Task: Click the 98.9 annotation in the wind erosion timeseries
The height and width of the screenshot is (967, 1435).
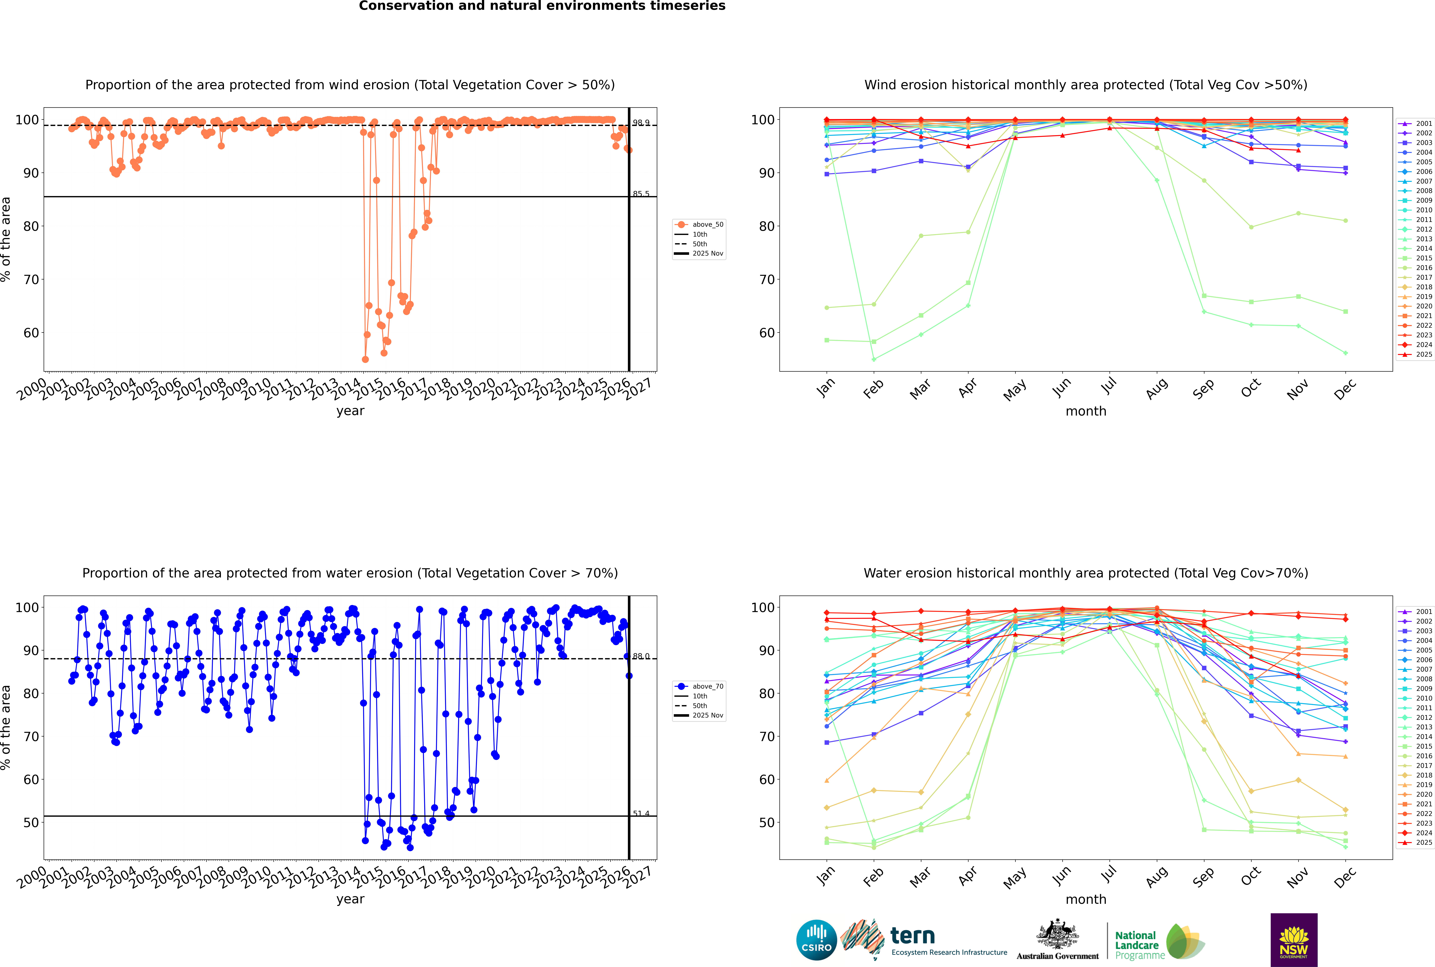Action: point(641,123)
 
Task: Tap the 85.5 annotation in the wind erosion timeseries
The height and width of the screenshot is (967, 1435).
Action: point(641,194)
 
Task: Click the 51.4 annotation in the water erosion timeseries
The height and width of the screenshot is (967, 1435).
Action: point(641,813)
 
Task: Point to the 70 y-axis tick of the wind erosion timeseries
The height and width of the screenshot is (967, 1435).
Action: point(31,279)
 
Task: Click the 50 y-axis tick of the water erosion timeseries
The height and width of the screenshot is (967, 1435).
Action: point(31,822)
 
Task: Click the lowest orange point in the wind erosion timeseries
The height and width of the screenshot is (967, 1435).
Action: point(365,359)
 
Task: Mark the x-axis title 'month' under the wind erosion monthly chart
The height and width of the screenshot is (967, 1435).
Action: point(1086,411)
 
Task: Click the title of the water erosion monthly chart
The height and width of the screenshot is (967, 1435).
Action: point(1086,573)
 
